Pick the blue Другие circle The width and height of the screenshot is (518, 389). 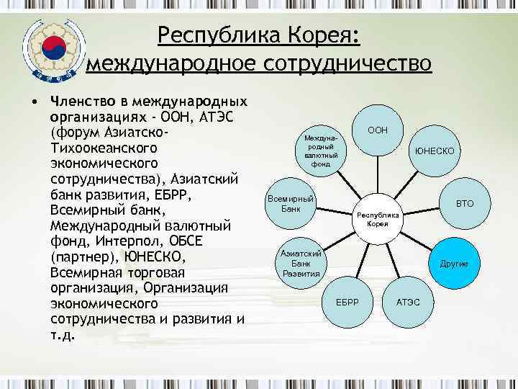click(x=453, y=264)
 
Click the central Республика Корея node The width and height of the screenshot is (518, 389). click(x=378, y=219)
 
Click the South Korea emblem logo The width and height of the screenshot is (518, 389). click(x=52, y=49)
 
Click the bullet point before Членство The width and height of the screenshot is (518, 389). click(x=33, y=100)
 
